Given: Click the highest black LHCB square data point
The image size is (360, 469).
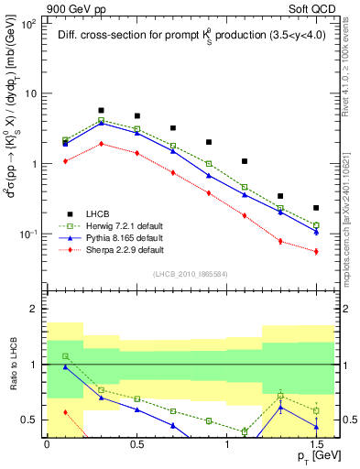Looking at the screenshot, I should click(x=101, y=110).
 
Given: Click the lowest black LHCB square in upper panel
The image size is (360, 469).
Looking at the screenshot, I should click(x=316, y=208).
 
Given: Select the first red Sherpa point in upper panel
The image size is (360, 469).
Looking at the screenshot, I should click(x=65, y=161).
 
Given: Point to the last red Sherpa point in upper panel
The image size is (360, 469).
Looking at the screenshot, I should click(x=316, y=251).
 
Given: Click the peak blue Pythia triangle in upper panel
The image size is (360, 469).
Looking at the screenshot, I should click(x=101, y=123).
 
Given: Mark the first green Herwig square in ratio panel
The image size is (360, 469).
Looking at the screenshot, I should click(x=65, y=355).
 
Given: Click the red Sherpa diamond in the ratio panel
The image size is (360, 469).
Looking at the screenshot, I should click(x=65, y=412).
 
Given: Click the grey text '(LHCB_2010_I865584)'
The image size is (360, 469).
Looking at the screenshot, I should click(x=190, y=274).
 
